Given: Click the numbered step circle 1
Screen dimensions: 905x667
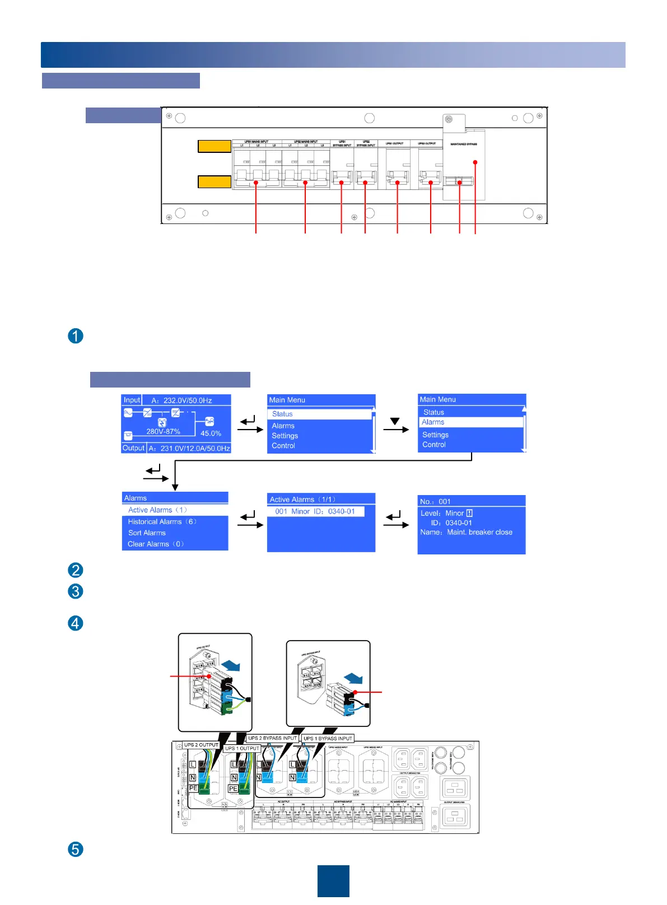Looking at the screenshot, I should (76, 336).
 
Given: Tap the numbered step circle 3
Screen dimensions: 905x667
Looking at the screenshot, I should (76, 591).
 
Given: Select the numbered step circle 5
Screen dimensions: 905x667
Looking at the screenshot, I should (76, 849).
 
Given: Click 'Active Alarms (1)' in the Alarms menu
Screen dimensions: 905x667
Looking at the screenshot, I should (157, 510).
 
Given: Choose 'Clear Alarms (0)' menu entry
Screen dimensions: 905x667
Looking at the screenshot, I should (156, 544).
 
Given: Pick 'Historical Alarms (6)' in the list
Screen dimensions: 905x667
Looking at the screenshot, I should (162, 521).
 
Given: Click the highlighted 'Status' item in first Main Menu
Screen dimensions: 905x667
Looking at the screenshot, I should (283, 414).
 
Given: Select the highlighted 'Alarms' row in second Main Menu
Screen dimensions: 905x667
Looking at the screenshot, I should (433, 422).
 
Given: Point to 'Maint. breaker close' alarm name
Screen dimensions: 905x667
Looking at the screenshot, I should (479, 532).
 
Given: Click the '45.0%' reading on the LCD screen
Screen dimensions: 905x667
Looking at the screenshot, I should (211, 433).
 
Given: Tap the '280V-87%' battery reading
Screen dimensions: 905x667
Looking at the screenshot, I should (163, 432).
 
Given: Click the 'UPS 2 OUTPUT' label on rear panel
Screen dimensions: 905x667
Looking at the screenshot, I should (201, 745).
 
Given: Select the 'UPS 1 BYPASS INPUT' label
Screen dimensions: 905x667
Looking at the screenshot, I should (328, 739).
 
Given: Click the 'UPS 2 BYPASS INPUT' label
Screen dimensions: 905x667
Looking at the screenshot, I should (272, 738).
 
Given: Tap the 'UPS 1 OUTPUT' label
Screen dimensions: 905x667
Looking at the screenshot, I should (242, 748).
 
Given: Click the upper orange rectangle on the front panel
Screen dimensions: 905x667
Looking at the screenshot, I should (214, 146).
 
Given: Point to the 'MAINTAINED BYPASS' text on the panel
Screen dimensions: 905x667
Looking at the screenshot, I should (464, 144).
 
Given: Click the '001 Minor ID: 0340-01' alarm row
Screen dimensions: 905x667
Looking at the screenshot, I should (315, 511).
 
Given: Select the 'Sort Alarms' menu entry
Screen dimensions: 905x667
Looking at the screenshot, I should (147, 533).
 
